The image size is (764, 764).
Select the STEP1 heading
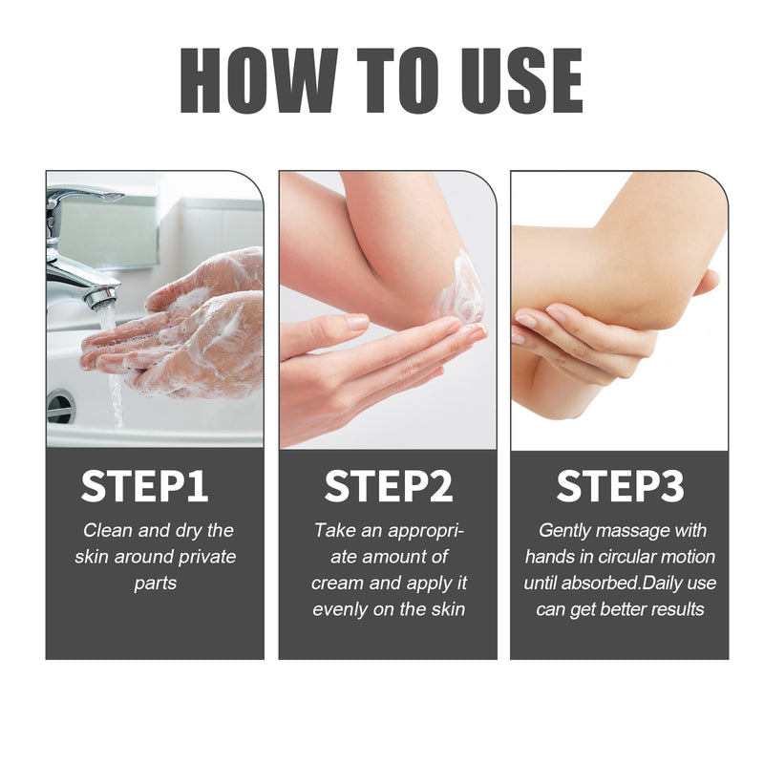(x=144, y=486)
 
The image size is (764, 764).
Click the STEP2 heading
(x=388, y=486)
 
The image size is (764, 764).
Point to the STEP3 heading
(x=620, y=486)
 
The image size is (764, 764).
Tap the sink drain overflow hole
(x=60, y=406)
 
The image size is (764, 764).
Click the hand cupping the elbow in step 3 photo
(x=573, y=334)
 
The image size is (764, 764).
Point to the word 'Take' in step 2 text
(x=334, y=531)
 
